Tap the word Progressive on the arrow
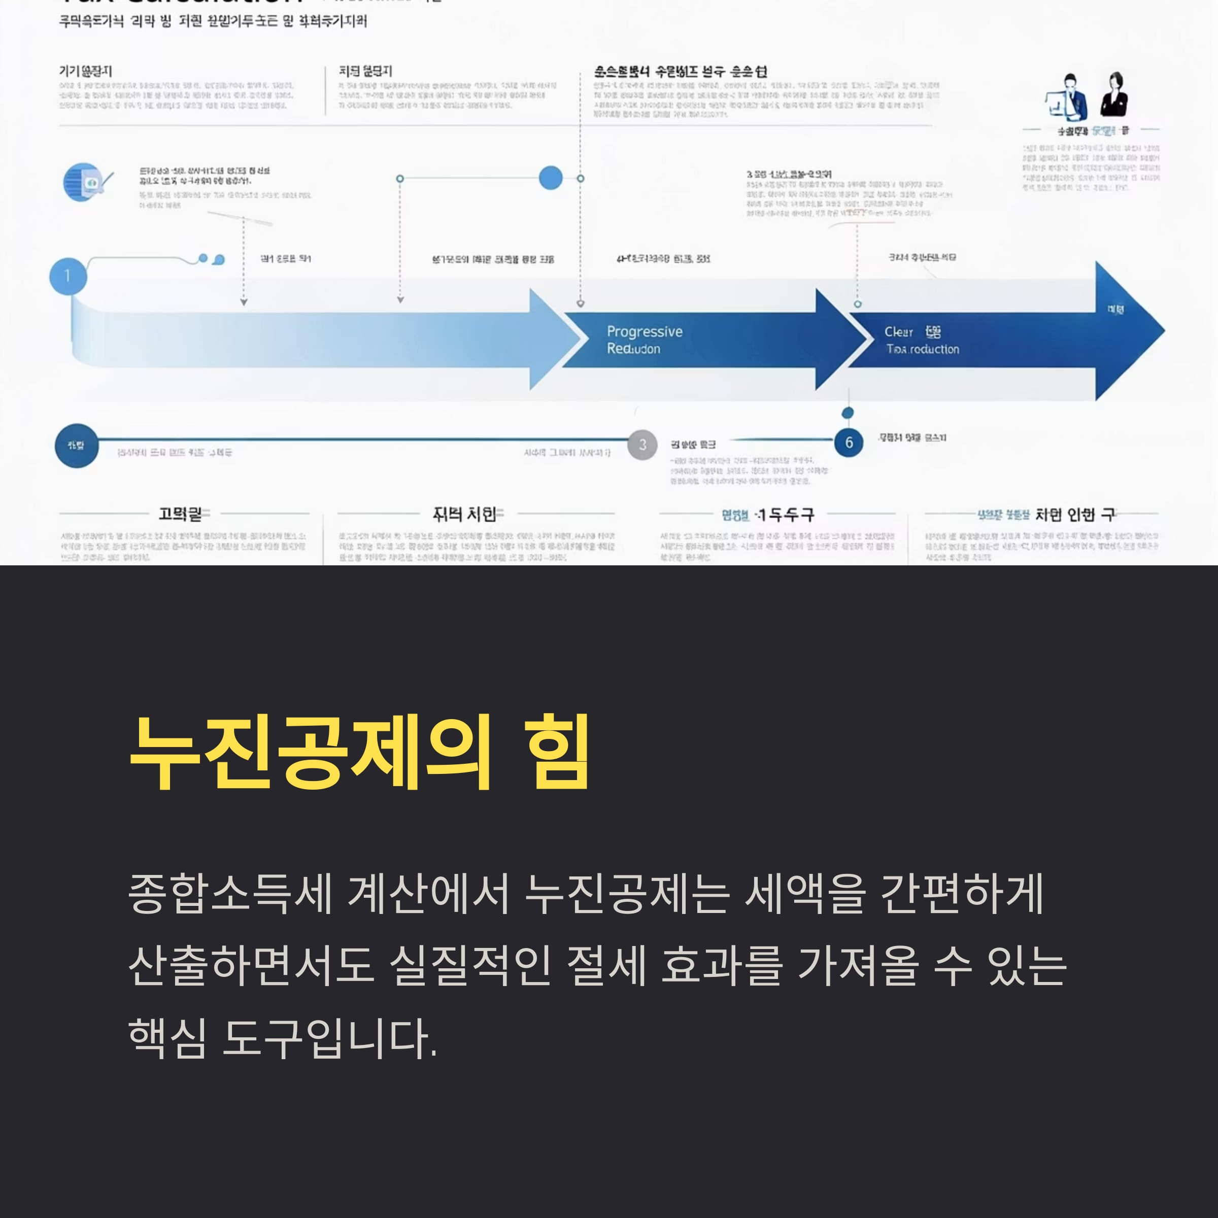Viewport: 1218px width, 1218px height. [645, 331]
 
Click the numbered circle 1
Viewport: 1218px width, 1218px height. [68, 276]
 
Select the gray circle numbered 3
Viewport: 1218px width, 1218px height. [642, 445]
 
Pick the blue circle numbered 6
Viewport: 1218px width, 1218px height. [849, 443]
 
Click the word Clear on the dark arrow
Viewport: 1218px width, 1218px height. [898, 331]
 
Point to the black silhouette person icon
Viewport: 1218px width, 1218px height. [1114, 96]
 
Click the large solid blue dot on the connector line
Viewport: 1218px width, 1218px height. [550, 179]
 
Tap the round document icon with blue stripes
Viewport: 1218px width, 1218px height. [83, 182]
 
